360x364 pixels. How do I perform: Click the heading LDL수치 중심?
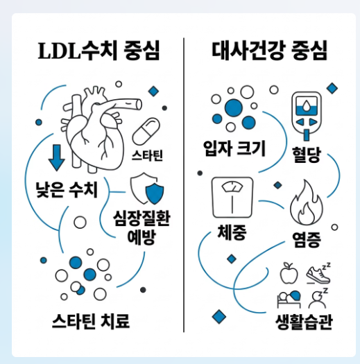[x=99, y=51]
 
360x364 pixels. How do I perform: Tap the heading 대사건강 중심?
[x=269, y=51]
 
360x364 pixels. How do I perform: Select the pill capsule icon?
[x=146, y=132]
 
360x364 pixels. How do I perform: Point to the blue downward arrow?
[x=57, y=158]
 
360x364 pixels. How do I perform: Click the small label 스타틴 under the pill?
[x=147, y=155]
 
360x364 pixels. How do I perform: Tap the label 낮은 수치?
[x=67, y=190]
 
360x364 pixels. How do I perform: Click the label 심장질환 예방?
[x=142, y=227]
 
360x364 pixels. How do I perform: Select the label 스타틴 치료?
[x=91, y=321]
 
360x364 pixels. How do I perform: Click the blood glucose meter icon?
[x=307, y=116]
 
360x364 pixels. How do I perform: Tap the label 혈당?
[x=307, y=155]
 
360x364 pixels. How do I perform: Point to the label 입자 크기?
[x=234, y=148]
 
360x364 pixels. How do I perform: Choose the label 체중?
[x=232, y=232]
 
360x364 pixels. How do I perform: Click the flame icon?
[x=307, y=202]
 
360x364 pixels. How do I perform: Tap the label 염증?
[x=307, y=240]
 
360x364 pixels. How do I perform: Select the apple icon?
[x=289, y=273]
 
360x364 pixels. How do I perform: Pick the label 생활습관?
[x=304, y=322]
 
